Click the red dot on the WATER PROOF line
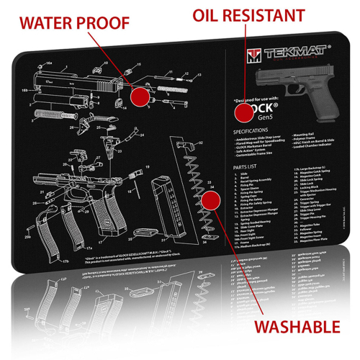[x=141, y=94]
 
